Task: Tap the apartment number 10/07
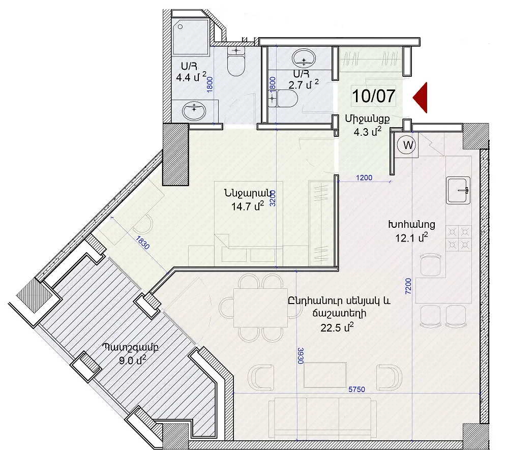[x=374, y=96]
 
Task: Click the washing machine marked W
[x=407, y=145]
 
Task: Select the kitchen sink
[x=458, y=191]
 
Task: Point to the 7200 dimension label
[x=408, y=286]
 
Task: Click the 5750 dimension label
[x=356, y=389]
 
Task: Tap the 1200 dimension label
[x=364, y=177]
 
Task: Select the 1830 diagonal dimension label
[x=142, y=243]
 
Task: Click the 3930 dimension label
[x=301, y=355]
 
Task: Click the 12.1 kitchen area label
[x=411, y=238]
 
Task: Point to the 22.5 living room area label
[x=337, y=327]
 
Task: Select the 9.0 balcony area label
[x=133, y=359]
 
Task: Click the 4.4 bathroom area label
[x=191, y=77]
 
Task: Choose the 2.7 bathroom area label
[x=304, y=85]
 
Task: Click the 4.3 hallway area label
[x=367, y=132]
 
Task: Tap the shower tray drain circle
[x=180, y=27]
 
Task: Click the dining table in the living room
[x=260, y=308]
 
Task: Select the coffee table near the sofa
[x=325, y=375]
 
